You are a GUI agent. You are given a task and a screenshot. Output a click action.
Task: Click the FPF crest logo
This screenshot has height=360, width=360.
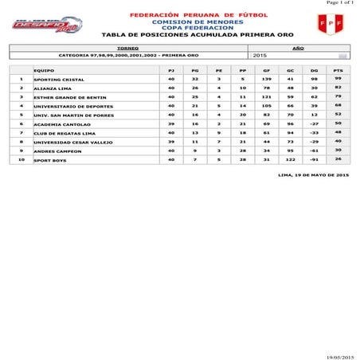pos(326,24)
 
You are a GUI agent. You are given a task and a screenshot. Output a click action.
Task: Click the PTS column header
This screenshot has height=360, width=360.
pos(338,71)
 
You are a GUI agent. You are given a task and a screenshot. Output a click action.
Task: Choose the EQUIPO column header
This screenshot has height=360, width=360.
pos(44,71)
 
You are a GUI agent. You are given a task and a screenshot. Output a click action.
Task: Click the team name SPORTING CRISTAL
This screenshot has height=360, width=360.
pos(58,80)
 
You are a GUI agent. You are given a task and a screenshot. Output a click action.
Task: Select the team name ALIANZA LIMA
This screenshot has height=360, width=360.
pos(52,88)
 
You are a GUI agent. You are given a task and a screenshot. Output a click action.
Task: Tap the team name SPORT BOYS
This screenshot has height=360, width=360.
pos(49,160)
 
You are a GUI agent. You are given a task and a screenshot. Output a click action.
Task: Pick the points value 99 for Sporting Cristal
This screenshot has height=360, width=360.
pos(338,80)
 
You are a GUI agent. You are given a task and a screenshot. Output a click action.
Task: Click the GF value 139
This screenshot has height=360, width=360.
pos(267,80)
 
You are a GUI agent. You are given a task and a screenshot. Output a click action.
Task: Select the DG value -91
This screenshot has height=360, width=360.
pos(314,159)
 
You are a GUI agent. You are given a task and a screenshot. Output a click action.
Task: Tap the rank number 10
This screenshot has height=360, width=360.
pos(22,159)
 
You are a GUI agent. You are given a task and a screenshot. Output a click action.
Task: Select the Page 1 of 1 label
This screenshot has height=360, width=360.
pos(339,3)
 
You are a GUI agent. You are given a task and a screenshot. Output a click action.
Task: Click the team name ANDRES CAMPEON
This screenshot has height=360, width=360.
pos(57,151)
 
